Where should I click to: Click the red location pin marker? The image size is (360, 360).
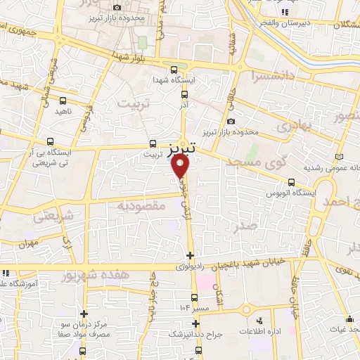181,165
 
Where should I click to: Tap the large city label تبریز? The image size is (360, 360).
181,149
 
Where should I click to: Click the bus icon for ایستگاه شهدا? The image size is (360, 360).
174,69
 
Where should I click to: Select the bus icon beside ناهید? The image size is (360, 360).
63,101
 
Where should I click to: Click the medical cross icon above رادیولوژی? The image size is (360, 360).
191,254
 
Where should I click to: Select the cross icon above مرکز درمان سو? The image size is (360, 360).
84,314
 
